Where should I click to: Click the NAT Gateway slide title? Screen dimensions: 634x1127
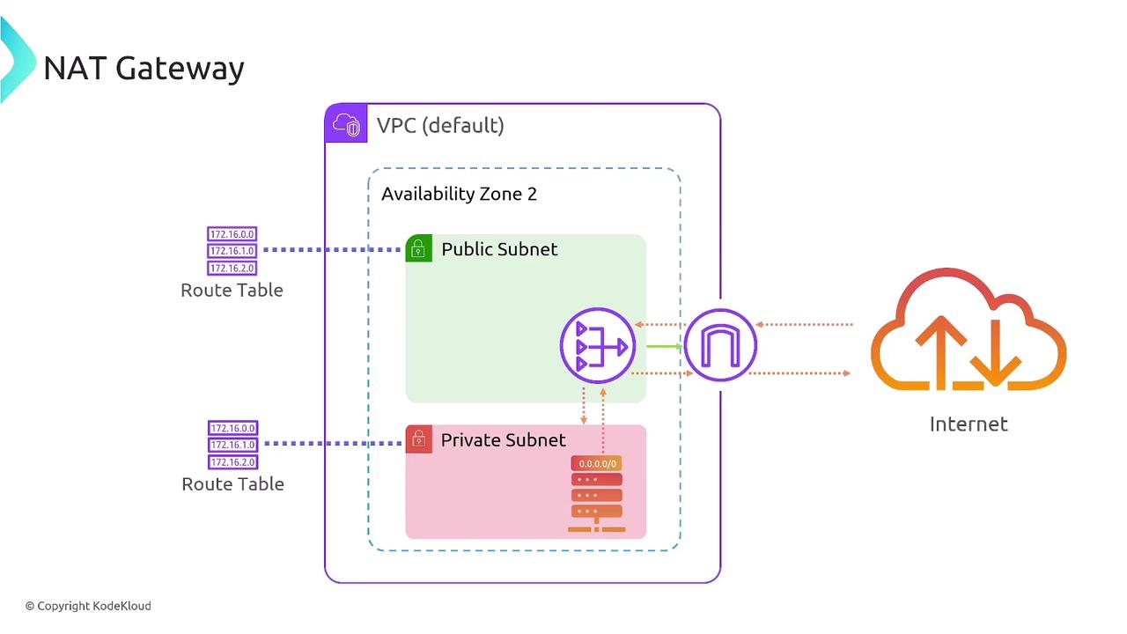[x=144, y=68]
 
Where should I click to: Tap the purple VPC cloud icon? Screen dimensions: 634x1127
[x=346, y=124]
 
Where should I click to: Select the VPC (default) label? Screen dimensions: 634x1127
[x=440, y=125]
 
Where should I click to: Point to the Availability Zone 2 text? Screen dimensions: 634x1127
[x=459, y=194]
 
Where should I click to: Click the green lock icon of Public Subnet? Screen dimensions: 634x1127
[x=419, y=248]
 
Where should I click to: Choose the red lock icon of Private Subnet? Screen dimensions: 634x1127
[x=419, y=439]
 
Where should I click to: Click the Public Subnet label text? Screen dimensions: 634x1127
[x=499, y=249]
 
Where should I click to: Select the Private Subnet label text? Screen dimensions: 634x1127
[x=503, y=439]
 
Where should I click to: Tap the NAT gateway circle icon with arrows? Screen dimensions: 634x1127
[x=598, y=345]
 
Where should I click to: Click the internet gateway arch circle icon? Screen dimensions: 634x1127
[x=719, y=345]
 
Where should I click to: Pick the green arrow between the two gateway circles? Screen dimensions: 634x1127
[x=665, y=346]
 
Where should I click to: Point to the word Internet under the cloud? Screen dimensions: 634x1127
[x=969, y=424]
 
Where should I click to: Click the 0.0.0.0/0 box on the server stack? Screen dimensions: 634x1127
[x=597, y=463]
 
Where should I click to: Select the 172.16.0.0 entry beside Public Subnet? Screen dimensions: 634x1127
[x=232, y=234]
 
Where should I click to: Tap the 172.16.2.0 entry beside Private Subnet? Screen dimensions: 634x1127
[x=232, y=462]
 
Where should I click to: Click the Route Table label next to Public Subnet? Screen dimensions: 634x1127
[x=232, y=290]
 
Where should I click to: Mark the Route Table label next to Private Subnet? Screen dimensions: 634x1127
[x=232, y=483]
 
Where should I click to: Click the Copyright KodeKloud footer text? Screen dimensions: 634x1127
[x=88, y=606]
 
